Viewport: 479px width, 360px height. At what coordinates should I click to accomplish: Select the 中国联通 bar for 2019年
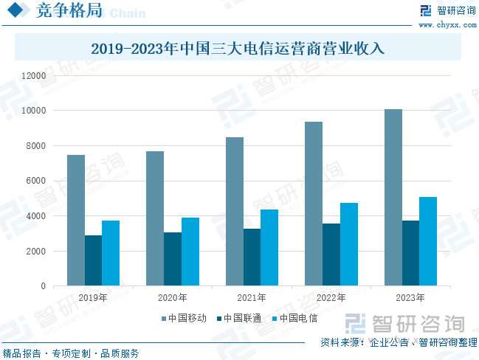pos(93,260)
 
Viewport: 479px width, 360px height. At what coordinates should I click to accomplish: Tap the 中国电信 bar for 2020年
pos(190,252)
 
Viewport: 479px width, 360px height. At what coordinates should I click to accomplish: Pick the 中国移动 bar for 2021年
pos(235,211)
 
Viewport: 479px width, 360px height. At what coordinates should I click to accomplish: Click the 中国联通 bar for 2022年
pos(331,255)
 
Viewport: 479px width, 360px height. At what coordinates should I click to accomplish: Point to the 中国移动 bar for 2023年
pos(393,197)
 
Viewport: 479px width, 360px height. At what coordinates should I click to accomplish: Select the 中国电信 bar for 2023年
pos(428,241)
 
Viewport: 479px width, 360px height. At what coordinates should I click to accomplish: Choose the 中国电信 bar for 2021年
pos(269,247)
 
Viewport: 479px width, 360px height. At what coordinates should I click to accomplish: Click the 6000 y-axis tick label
pos(35,181)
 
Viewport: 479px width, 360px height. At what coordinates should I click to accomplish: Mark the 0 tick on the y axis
pos(43,286)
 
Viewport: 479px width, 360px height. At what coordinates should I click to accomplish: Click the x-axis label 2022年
pos(331,299)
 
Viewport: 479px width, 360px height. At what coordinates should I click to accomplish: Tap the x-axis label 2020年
pos(172,299)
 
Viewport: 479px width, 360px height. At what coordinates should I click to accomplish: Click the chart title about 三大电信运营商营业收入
pos(238,49)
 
